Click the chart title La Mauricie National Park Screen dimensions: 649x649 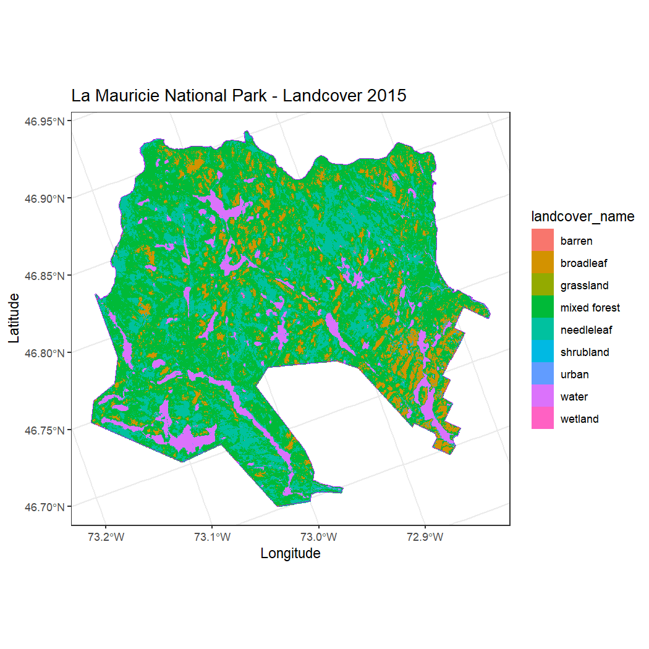tap(239, 96)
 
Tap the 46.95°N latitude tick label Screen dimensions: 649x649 tap(45, 121)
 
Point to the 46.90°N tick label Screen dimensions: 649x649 tap(45, 198)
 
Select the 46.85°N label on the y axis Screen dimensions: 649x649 tap(45, 275)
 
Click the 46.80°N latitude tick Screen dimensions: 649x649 tap(45, 352)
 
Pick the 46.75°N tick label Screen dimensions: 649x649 tap(45, 430)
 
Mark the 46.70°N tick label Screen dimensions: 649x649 tap(45, 507)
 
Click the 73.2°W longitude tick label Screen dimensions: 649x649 tap(106, 536)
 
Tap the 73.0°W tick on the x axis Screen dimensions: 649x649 tap(319, 536)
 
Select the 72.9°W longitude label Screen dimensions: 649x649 tap(425, 536)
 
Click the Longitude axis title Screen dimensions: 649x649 tap(291, 553)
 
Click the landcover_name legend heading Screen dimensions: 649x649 tap(583, 216)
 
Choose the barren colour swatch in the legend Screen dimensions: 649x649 tap(543, 240)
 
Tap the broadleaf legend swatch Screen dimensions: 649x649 tap(543, 263)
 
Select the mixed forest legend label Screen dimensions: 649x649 tap(590, 308)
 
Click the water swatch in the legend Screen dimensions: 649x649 tap(543, 396)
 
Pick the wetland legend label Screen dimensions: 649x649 tap(579, 419)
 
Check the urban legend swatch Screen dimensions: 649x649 tap(543, 374)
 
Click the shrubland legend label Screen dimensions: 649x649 tap(584, 352)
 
